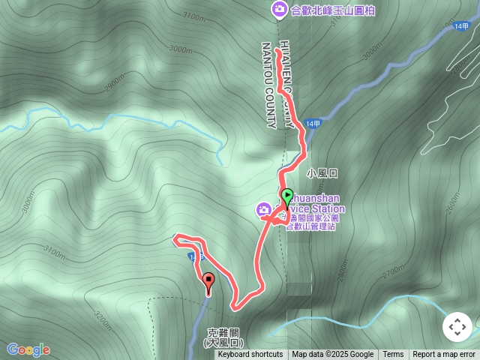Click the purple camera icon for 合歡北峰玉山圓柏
coord(279,9)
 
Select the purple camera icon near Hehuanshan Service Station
coord(264,208)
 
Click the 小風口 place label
coord(322,173)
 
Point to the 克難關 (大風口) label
coord(224,337)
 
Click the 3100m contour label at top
coord(193,16)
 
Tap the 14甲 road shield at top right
coord(460,26)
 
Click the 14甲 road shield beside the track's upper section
coord(316,125)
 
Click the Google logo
coord(28,349)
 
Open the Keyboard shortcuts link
coord(250,355)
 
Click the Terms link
coord(393,355)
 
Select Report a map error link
coord(444,355)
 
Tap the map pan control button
coord(457,327)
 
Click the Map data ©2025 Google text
coord(332,355)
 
